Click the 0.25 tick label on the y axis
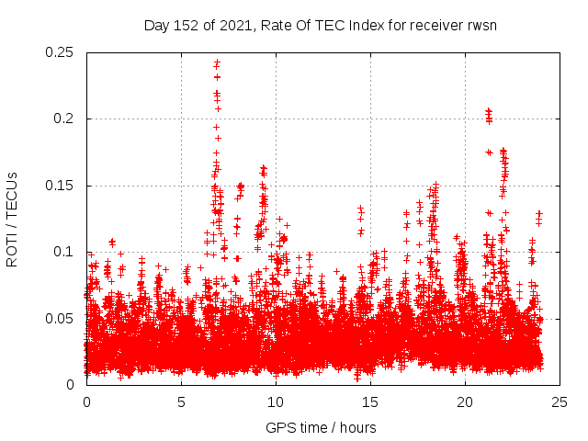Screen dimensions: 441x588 click(61, 52)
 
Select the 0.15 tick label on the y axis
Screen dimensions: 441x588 click(61, 186)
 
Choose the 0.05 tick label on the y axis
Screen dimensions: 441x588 click(61, 318)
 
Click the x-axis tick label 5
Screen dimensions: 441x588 click(181, 402)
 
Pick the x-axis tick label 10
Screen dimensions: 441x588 click(276, 402)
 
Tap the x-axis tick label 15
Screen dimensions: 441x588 click(370, 402)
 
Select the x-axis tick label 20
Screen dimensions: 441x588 click(465, 402)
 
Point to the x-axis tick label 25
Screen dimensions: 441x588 click(560, 402)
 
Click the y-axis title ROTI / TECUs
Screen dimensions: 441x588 click(13, 219)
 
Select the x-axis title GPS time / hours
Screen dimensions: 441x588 click(321, 427)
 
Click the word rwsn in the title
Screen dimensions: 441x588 click(480, 25)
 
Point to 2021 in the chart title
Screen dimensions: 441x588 click(234, 25)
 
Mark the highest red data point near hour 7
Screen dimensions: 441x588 click(217, 62)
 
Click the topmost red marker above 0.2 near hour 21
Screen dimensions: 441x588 click(488, 110)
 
